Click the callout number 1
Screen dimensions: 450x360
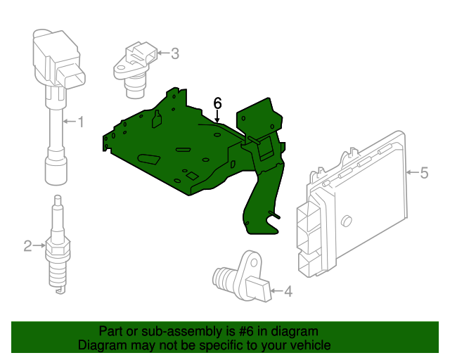pyautogui.click(x=81, y=122)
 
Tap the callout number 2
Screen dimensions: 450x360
pyautogui.click(x=27, y=246)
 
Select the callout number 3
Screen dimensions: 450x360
pyautogui.click(x=175, y=53)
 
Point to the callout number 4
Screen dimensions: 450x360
pyautogui.click(x=288, y=291)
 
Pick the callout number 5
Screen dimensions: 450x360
pyautogui.click(x=424, y=173)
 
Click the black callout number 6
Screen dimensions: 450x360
pyautogui.click(x=217, y=103)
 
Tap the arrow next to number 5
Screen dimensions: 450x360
pyautogui.click(x=413, y=172)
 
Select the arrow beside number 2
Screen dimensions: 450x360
pyautogui.click(x=39, y=245)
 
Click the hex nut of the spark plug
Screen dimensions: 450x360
pyautogui.click(x=58, y=250)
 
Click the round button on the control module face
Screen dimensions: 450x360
pyautogui.click(x=347, y=221)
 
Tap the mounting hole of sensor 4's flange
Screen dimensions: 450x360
pyautogui.click(x=254, y=263)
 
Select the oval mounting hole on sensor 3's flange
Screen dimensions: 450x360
pyautogui.click(x=120, y=69)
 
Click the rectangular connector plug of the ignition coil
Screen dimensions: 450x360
pyautogui.click(x=72, y=75)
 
